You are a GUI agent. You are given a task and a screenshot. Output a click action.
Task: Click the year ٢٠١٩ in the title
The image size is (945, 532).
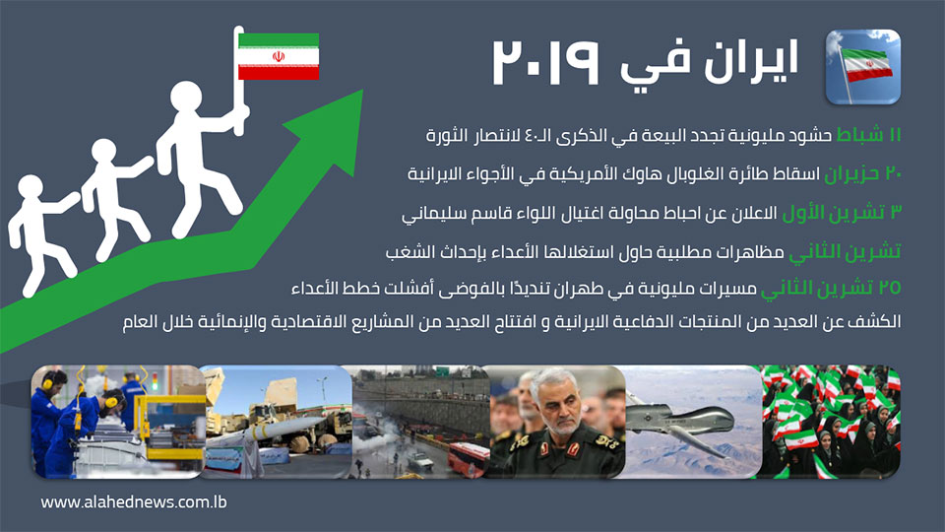point(546,63)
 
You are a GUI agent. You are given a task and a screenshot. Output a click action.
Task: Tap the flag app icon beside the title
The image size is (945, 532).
point(863,67)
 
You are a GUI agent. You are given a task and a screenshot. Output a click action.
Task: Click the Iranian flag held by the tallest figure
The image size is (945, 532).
point(279,57)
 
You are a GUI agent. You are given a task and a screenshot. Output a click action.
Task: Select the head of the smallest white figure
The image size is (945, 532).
point(31,188)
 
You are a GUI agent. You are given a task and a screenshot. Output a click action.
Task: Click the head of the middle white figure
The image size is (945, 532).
point(103,153)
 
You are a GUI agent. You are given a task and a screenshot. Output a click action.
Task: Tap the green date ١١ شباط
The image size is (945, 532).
point(868,135)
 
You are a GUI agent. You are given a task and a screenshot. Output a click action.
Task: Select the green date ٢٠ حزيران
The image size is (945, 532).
point(863,173)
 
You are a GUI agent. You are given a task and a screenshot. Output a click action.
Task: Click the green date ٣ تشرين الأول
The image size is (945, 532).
point(842,213)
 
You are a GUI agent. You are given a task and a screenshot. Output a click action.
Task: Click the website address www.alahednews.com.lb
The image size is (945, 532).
point(134,501)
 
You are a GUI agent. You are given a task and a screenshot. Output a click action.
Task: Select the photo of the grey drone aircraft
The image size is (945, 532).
point(693,422)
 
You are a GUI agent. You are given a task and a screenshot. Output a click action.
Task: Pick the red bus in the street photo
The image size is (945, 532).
point(468,460)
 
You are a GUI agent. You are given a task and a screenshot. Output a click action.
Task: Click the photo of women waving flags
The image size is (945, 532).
point(831,422)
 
